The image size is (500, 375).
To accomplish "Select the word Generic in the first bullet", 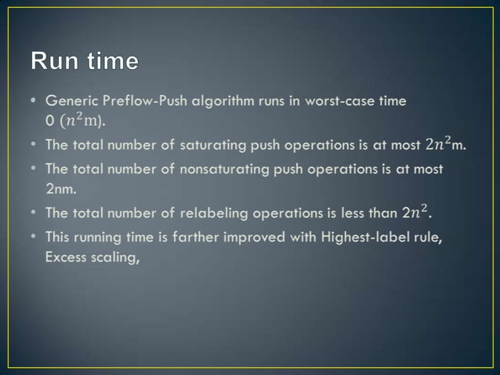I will (x=71, y=101).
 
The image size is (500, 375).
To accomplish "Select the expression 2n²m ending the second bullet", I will (x=445, y=144).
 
